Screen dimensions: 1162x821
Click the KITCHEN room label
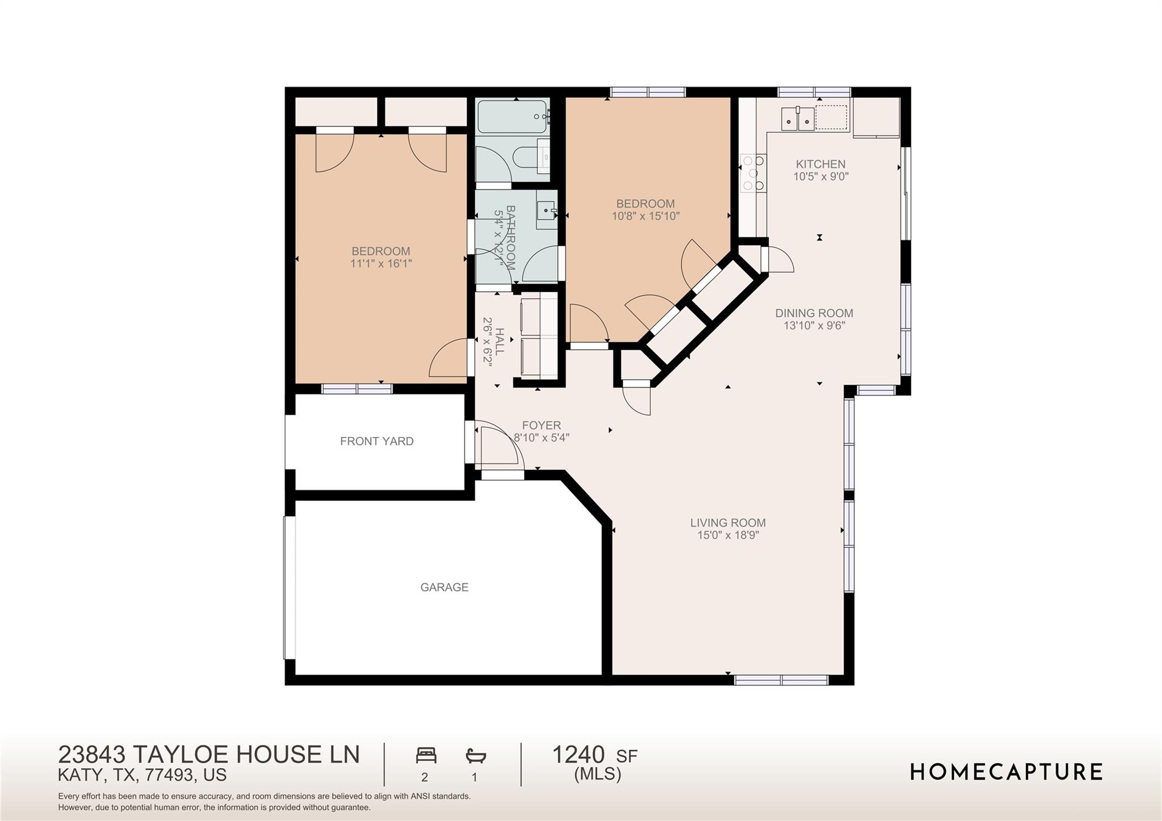coord(820,164)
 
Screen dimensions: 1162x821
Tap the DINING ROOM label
coord(814,313)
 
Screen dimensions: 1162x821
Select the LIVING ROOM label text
coord(728,523)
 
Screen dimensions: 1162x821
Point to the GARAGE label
coord(444,587)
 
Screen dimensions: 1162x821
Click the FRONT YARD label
coord(377,441)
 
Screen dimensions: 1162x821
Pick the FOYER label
coord(541,425)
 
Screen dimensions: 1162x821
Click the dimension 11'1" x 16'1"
coord(381,263)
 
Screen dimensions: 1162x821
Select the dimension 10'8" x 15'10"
coord(646,216)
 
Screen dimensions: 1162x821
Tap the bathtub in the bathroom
coord(513,117)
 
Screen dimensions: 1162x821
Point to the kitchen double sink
coord(798,119)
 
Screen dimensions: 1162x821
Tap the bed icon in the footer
coord(426,755)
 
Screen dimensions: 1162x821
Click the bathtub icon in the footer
coord(475,755)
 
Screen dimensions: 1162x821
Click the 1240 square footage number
coord(579,755)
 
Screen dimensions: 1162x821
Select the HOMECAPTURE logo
coord(1007,772)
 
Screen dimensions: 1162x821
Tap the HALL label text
coord(500,341)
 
